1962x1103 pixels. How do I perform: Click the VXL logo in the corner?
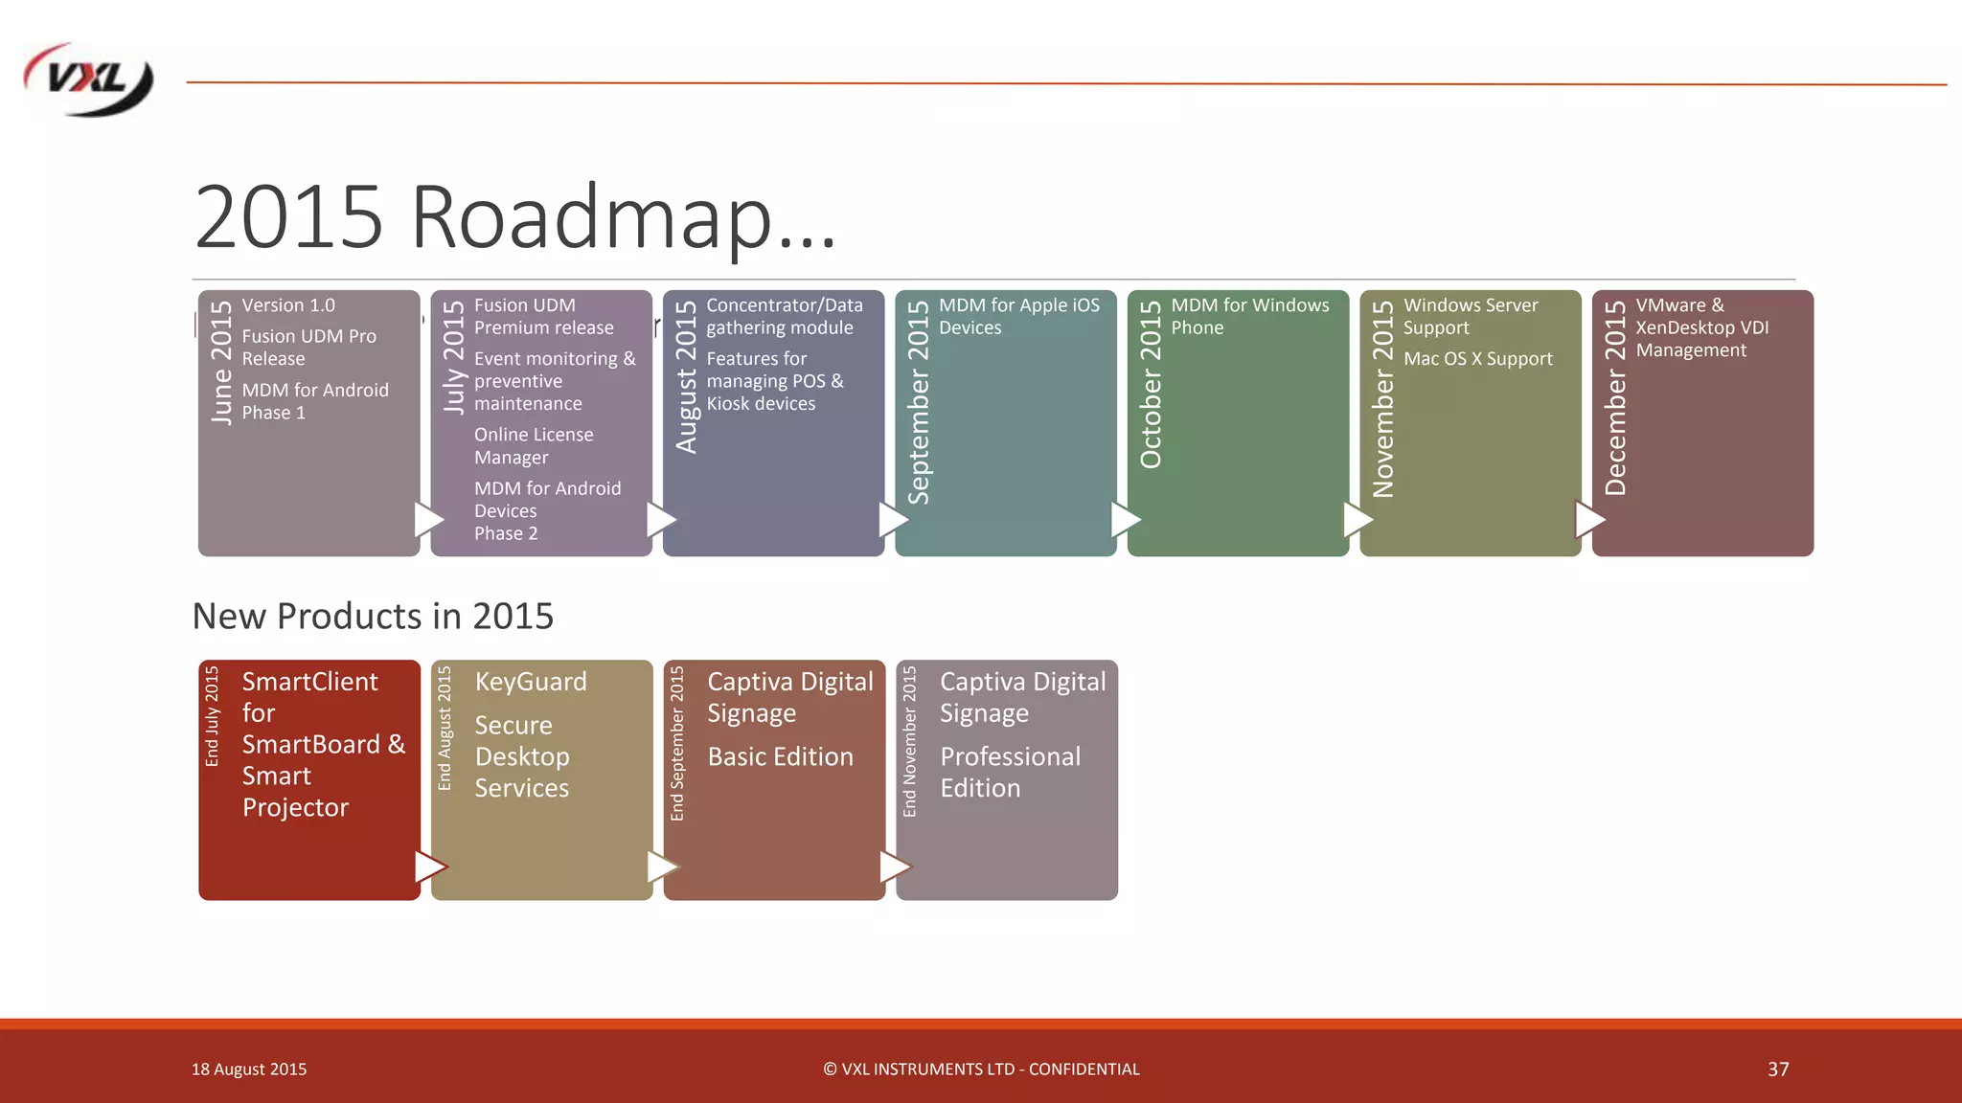pyautogui.click(x=88, y=80)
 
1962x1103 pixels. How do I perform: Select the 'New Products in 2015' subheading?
pyautogui.click(x=373, y=616)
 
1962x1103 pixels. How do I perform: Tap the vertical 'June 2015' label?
pyautogui.click(x=221, y=362)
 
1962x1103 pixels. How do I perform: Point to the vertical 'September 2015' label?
pyautogui.click(x=919, y=402)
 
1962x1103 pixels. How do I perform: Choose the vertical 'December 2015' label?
pyautogui.click(x=1615, y=397)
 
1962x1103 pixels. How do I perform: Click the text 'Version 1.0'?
pyautogui.click(x=288, y=305)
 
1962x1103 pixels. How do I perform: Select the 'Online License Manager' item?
pyautogui.click(x=534, y=446)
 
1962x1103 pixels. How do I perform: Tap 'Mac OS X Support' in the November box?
pyautogui.click(x=1477, y=359)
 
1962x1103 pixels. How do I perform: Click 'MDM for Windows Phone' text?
pyautogui.click(x=1249, y=316)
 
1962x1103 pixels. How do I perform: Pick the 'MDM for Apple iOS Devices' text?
pyautogui.click(x=1018, y=316)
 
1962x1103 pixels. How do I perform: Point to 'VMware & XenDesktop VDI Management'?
pyautogui.click(x=1701, y=327)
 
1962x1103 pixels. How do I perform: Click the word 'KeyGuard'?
pyautogui.click(x=531, y=682)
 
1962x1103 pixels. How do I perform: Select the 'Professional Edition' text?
pyautogui.click(x=1010, y=772)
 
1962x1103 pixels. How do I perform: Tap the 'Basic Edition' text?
pyautogui.click(x=780, y=756)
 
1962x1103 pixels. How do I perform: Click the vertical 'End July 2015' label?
pyautogui.click(x=213, y=715)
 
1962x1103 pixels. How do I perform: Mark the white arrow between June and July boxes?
pyautogui.click(x=428, y=520)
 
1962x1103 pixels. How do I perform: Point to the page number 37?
pyautogui.click(x=1778, y=1069)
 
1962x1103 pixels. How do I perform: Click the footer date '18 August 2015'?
pyautogui.click(x=249, y=1069)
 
